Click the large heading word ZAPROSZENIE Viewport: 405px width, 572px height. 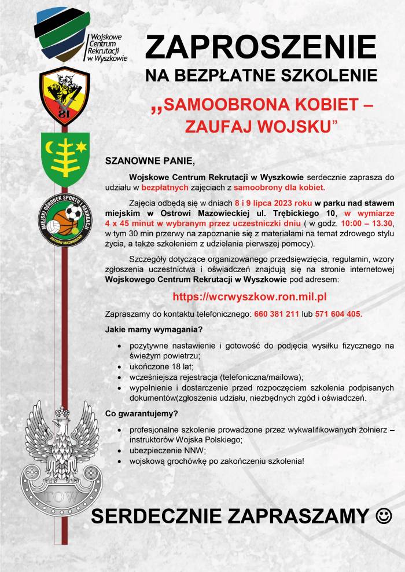(261, 47)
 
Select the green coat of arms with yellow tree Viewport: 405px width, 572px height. (65, 158)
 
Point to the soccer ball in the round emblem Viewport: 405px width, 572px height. (73, 214)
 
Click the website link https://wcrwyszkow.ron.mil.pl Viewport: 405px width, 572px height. (250, 296)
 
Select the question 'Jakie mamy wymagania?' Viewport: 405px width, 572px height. (153, 330)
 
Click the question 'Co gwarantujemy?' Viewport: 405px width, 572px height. (141, 413)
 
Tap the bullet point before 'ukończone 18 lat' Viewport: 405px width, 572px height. (119, 366)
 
